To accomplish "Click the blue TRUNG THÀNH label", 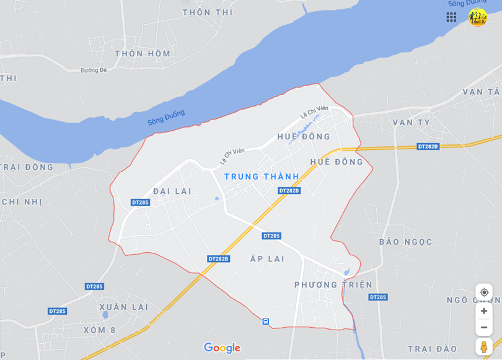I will tap(262, 177).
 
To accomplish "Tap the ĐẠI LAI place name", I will tap(172, 191).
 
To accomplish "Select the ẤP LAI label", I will tap(267, 259).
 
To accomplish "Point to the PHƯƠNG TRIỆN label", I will tap(333, 285).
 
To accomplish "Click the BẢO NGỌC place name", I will tap(405, 242).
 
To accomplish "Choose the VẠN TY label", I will tap(411, 123).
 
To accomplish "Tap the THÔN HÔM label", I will tap(143, 54).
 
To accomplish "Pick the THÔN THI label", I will tap(207, 12).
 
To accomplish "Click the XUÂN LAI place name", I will tap(124, 307).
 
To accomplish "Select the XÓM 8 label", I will tap(99, 330).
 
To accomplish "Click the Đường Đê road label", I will tap(94, 70).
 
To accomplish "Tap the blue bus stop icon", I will tap(265, 321).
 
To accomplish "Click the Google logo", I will tap(222, 348).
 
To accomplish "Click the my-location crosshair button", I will tap(484, 292).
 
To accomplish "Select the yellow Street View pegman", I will tap(484, 346).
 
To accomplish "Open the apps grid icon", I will tap(451, 17).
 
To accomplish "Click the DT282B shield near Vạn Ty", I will tap(428, 147).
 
